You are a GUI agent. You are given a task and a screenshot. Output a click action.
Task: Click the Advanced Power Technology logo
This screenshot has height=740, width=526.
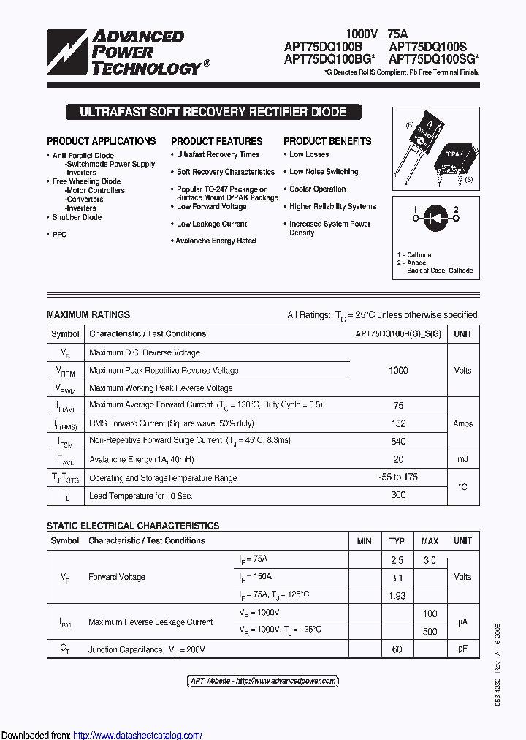click(x=124, y=53)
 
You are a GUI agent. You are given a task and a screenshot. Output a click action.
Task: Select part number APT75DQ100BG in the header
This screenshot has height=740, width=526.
click(x=329, y=59)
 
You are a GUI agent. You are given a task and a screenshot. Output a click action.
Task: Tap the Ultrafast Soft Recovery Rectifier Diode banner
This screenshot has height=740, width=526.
click(x=213, y=113)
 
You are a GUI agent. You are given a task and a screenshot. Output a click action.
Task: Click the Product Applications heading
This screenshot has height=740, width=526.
click(x=102, y=141)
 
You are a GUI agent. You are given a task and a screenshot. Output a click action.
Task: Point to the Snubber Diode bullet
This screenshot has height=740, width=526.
click(x=77, y=217)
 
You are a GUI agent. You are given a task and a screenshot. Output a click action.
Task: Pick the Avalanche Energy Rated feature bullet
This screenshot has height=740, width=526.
click(x=216, y=241)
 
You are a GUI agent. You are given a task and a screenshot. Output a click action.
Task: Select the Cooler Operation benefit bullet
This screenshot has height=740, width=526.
click(x=317, y=189)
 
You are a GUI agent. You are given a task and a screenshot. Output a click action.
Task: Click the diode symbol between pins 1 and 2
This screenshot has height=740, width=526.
click(x=436, y=217)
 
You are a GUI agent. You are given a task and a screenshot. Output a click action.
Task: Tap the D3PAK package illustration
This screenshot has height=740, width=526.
click(x=456, y=159)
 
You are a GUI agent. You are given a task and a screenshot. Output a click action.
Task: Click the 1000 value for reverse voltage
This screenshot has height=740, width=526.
click(x=398, y=370)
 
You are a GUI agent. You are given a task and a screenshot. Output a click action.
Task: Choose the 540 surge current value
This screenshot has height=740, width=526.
click(x=398, y=441)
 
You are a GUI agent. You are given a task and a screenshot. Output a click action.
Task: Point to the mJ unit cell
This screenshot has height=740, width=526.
click(x=462, y=459)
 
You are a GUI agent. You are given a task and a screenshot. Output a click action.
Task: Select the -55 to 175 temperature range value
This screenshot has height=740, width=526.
click(x=398, y=477)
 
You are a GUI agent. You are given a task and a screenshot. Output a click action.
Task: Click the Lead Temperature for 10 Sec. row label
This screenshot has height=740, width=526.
click(x=141, y=496)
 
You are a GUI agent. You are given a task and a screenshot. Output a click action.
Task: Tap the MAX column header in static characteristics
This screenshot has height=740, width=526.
click(x=430, y=541)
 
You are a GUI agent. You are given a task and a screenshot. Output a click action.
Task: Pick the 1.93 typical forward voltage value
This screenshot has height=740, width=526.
click(x=397, y=596)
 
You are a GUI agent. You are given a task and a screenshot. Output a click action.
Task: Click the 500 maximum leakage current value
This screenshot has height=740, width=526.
click(x=430, y=632)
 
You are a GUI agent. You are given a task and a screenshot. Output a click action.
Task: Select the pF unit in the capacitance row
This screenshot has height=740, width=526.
click(x=462, y=649)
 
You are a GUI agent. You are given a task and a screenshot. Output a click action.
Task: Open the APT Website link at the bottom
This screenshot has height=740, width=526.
click(x=263, y=681)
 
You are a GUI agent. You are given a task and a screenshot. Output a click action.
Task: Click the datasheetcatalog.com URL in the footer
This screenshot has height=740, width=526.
click(x=138, y=735)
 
